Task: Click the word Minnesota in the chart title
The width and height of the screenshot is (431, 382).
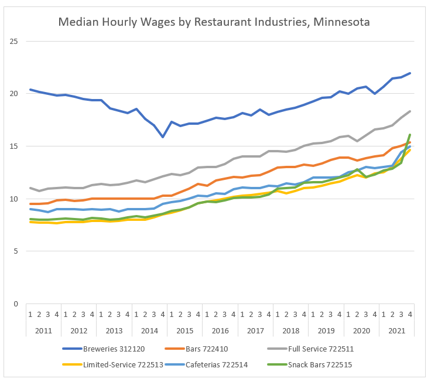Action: (341, 22)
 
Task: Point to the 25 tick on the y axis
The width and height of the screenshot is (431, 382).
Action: (13, 41)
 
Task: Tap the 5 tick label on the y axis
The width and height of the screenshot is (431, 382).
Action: (16, 251)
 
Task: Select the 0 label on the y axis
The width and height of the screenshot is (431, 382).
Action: (16, 303)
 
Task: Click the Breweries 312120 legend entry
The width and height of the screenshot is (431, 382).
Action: (104, 349)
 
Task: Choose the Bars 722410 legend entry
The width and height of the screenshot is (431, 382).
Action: (197, 349)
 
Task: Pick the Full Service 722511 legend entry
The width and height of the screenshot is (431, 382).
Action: (310, 349)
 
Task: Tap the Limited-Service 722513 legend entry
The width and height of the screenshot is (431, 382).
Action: (112, 364)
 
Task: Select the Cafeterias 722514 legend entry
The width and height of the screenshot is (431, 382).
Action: (207, 364)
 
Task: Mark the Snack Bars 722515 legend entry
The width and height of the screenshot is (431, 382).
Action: (310, 364)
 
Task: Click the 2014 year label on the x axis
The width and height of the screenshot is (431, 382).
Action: (149, 330)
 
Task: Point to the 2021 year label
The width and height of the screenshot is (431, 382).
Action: (396, 330)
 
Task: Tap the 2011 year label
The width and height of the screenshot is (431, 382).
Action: (43, 330)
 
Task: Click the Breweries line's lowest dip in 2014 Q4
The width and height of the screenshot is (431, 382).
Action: (163, 137)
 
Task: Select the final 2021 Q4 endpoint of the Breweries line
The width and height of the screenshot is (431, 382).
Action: (410, 73)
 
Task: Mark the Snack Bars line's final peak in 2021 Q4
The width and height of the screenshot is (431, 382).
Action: (410, 135)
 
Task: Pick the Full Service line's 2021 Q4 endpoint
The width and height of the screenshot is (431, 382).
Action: (410, 111)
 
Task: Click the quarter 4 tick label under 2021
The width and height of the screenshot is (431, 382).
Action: (410, 315)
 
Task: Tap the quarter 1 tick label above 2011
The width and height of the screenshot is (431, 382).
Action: (30, 315)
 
